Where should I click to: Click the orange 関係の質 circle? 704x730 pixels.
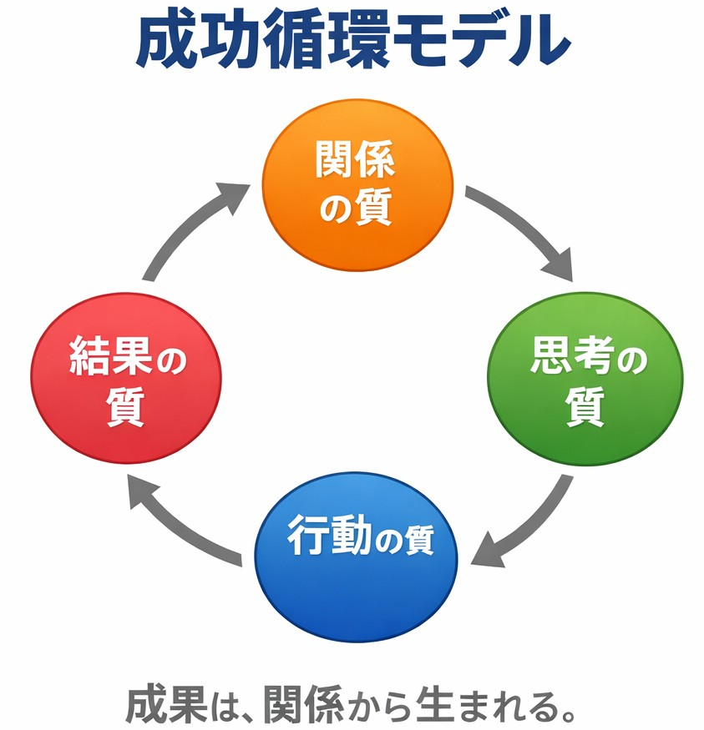click(357, 184)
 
